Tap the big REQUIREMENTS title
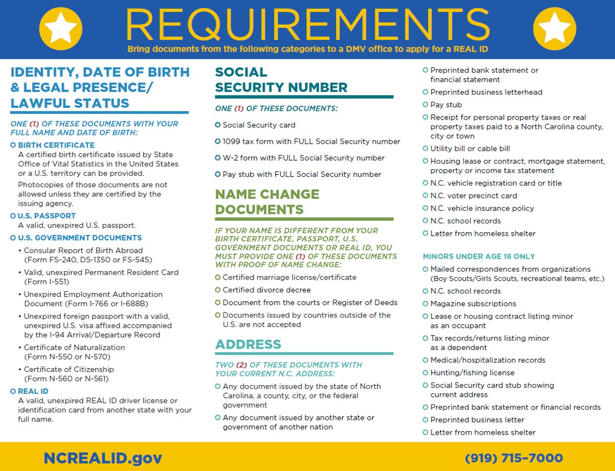[307, 25]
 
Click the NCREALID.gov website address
[103, 457]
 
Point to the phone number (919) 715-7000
[514, 457]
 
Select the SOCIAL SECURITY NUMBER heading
[281, 80]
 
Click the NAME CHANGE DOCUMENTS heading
[267, 201]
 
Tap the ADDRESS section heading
[248, 344]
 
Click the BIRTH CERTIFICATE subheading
[49, 145]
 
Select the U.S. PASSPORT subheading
[47, 216]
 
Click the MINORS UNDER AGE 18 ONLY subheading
[479, 256]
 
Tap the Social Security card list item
[259, 125]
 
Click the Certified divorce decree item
[266, 290]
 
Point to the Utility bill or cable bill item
[470, 149]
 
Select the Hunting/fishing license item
[472, 373]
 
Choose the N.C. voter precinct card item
[473, 196]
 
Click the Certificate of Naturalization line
[74, 347]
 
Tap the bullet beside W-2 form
[218, 158]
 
